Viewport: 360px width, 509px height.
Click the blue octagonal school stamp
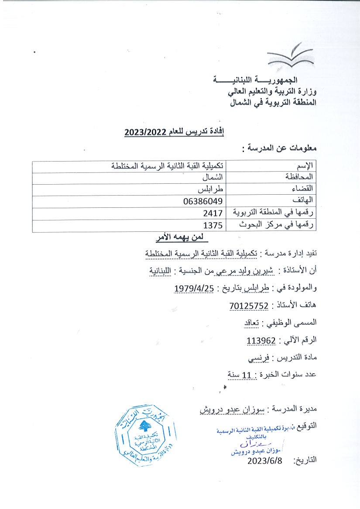coord(145,435)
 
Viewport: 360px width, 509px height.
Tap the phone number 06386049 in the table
coord(203,201)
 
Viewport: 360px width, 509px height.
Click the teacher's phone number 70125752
coord(249,306)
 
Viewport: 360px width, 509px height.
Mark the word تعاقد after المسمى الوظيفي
coord(251,323)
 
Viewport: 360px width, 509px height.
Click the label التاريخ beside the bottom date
coord(305,460)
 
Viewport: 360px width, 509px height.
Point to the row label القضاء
coord(305,189)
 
